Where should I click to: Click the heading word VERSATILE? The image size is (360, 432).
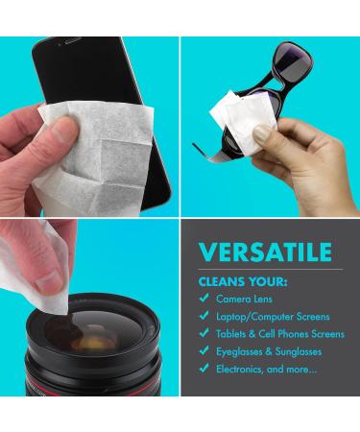265,252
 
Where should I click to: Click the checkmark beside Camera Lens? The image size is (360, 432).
204,299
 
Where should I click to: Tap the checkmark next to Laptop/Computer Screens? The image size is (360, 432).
204,316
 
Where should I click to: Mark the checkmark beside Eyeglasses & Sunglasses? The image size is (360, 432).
204,350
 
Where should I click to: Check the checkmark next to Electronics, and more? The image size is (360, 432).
204,368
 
